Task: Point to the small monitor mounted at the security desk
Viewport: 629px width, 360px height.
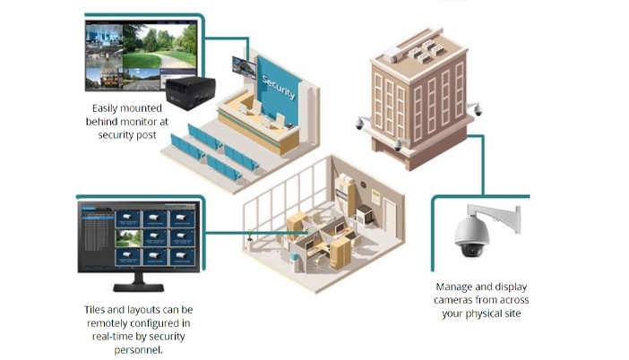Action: coord(241,66)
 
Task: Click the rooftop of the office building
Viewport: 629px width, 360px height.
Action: coord(418,48)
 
